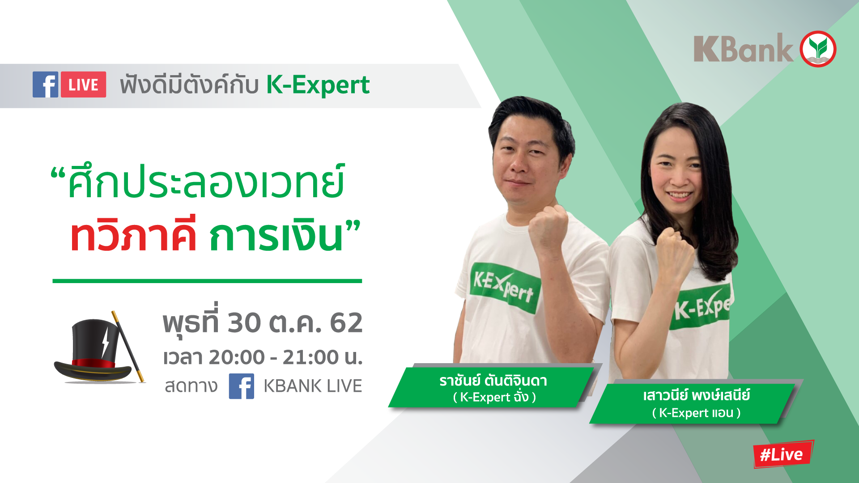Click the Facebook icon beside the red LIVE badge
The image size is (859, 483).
click(45, 85)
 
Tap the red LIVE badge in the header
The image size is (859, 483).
click(84, 85)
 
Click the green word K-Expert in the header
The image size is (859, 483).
click(318, 85)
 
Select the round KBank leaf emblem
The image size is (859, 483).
click(818, 49)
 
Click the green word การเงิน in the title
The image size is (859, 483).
click(276, 236)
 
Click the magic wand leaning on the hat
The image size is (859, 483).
click(128, 347)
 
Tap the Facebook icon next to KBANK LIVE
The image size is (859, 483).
click(242, 386)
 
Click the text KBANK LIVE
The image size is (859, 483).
click(313, 386)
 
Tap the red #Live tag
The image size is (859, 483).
click(782, 454)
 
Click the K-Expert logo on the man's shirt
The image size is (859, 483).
click(504, 288)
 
